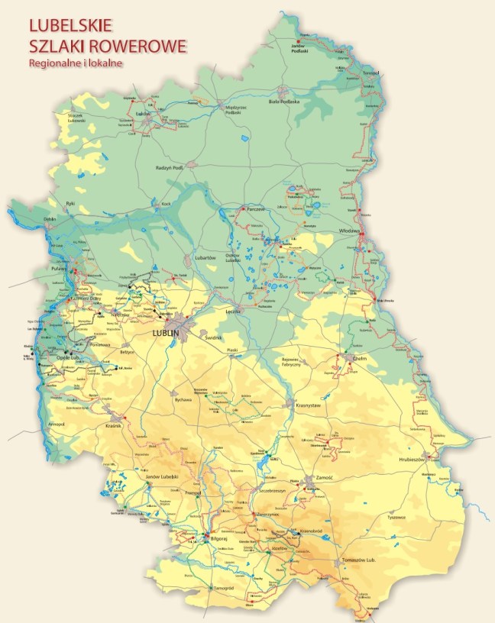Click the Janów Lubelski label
(x=161, y=476)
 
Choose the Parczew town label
(x=255, y=208)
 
